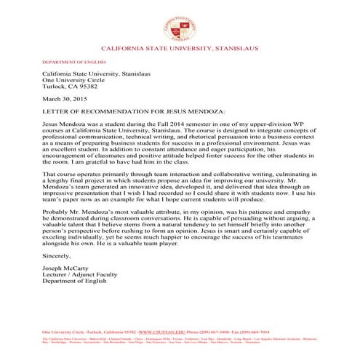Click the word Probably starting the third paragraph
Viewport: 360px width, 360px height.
tap(55, 215)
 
